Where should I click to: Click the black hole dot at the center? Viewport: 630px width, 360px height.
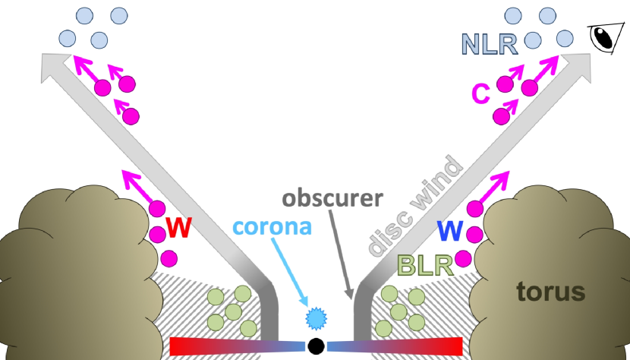(x=316, y=346)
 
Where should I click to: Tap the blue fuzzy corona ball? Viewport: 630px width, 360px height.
(x=315, y=317)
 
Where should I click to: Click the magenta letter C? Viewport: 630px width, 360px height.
(x=480, y=93)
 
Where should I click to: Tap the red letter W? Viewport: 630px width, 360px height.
(x=178, y=227)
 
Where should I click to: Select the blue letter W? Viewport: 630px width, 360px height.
(x=450, y=230)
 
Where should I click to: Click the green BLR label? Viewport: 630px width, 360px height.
(x=426, y=264)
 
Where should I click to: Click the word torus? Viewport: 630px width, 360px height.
(x=551, y=291)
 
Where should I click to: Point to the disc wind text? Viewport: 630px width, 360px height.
(x=415, y=205)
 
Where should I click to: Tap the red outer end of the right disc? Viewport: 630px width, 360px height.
(x=452, y=346)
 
